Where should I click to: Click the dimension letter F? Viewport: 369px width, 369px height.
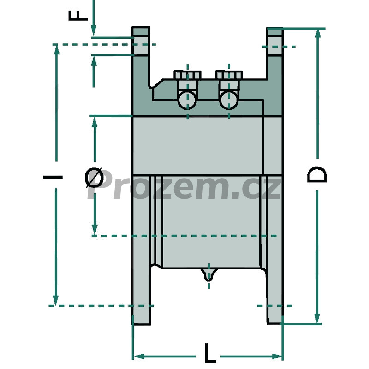click(x=78, y=16)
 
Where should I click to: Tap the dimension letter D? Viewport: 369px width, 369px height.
click(x=317, y=174)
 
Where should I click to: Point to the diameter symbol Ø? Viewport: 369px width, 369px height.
click(x=94, y=178)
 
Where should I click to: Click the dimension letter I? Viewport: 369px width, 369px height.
click(x=53, y=177)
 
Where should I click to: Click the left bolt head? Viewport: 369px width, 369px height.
click(x=187, y=75)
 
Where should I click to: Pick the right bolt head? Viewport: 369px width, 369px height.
click(x=229, y=75)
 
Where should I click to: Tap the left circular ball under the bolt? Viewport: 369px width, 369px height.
click(x=187, y=100)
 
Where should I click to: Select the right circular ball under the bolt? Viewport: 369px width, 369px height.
click(x=229, y=100)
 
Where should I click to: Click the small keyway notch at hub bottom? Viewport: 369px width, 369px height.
click(x=208, y=274)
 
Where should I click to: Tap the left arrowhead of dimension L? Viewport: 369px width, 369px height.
click(x=139, y=356)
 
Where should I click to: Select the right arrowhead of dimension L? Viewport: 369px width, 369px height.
click(x=276, y=356)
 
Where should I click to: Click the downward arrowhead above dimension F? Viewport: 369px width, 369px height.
click(x=94, y=30)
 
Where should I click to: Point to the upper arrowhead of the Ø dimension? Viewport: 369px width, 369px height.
click(x=95, y=122)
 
